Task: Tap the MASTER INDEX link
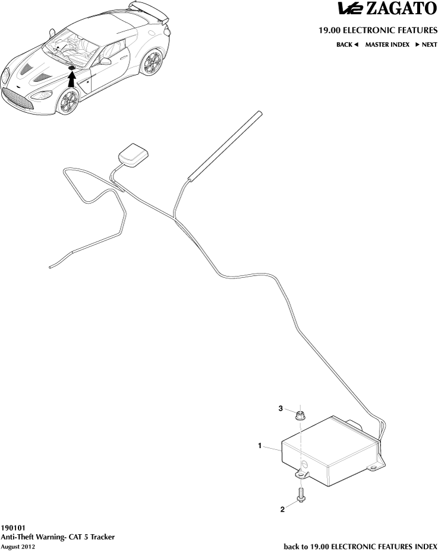point(387,45)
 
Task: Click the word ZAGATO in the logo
point(401,9)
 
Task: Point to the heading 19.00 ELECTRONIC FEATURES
point(378,30)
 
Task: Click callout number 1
point(260,446)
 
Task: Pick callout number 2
point(282,509)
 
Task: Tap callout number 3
point(281,408)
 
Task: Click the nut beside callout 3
point(300,416)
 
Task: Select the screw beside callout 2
point(301,494)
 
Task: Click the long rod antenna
point(225,146)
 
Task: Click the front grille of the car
point(18,99)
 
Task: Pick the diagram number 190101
point(12,528)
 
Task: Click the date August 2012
point(18,547)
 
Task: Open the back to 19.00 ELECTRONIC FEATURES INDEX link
point(361,547)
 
